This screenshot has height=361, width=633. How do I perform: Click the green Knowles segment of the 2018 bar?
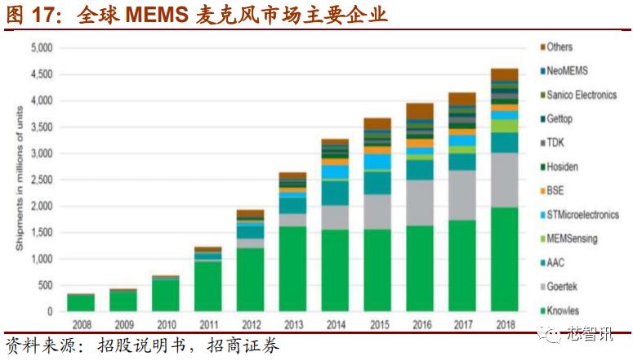(504, 260)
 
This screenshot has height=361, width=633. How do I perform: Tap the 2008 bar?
(81, 302)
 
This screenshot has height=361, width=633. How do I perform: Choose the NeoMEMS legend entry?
(567, 71)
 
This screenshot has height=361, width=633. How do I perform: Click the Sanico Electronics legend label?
(581, 95)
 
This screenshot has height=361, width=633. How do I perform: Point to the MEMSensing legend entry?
(572, 238)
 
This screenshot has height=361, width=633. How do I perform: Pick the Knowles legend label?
(563, 310)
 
